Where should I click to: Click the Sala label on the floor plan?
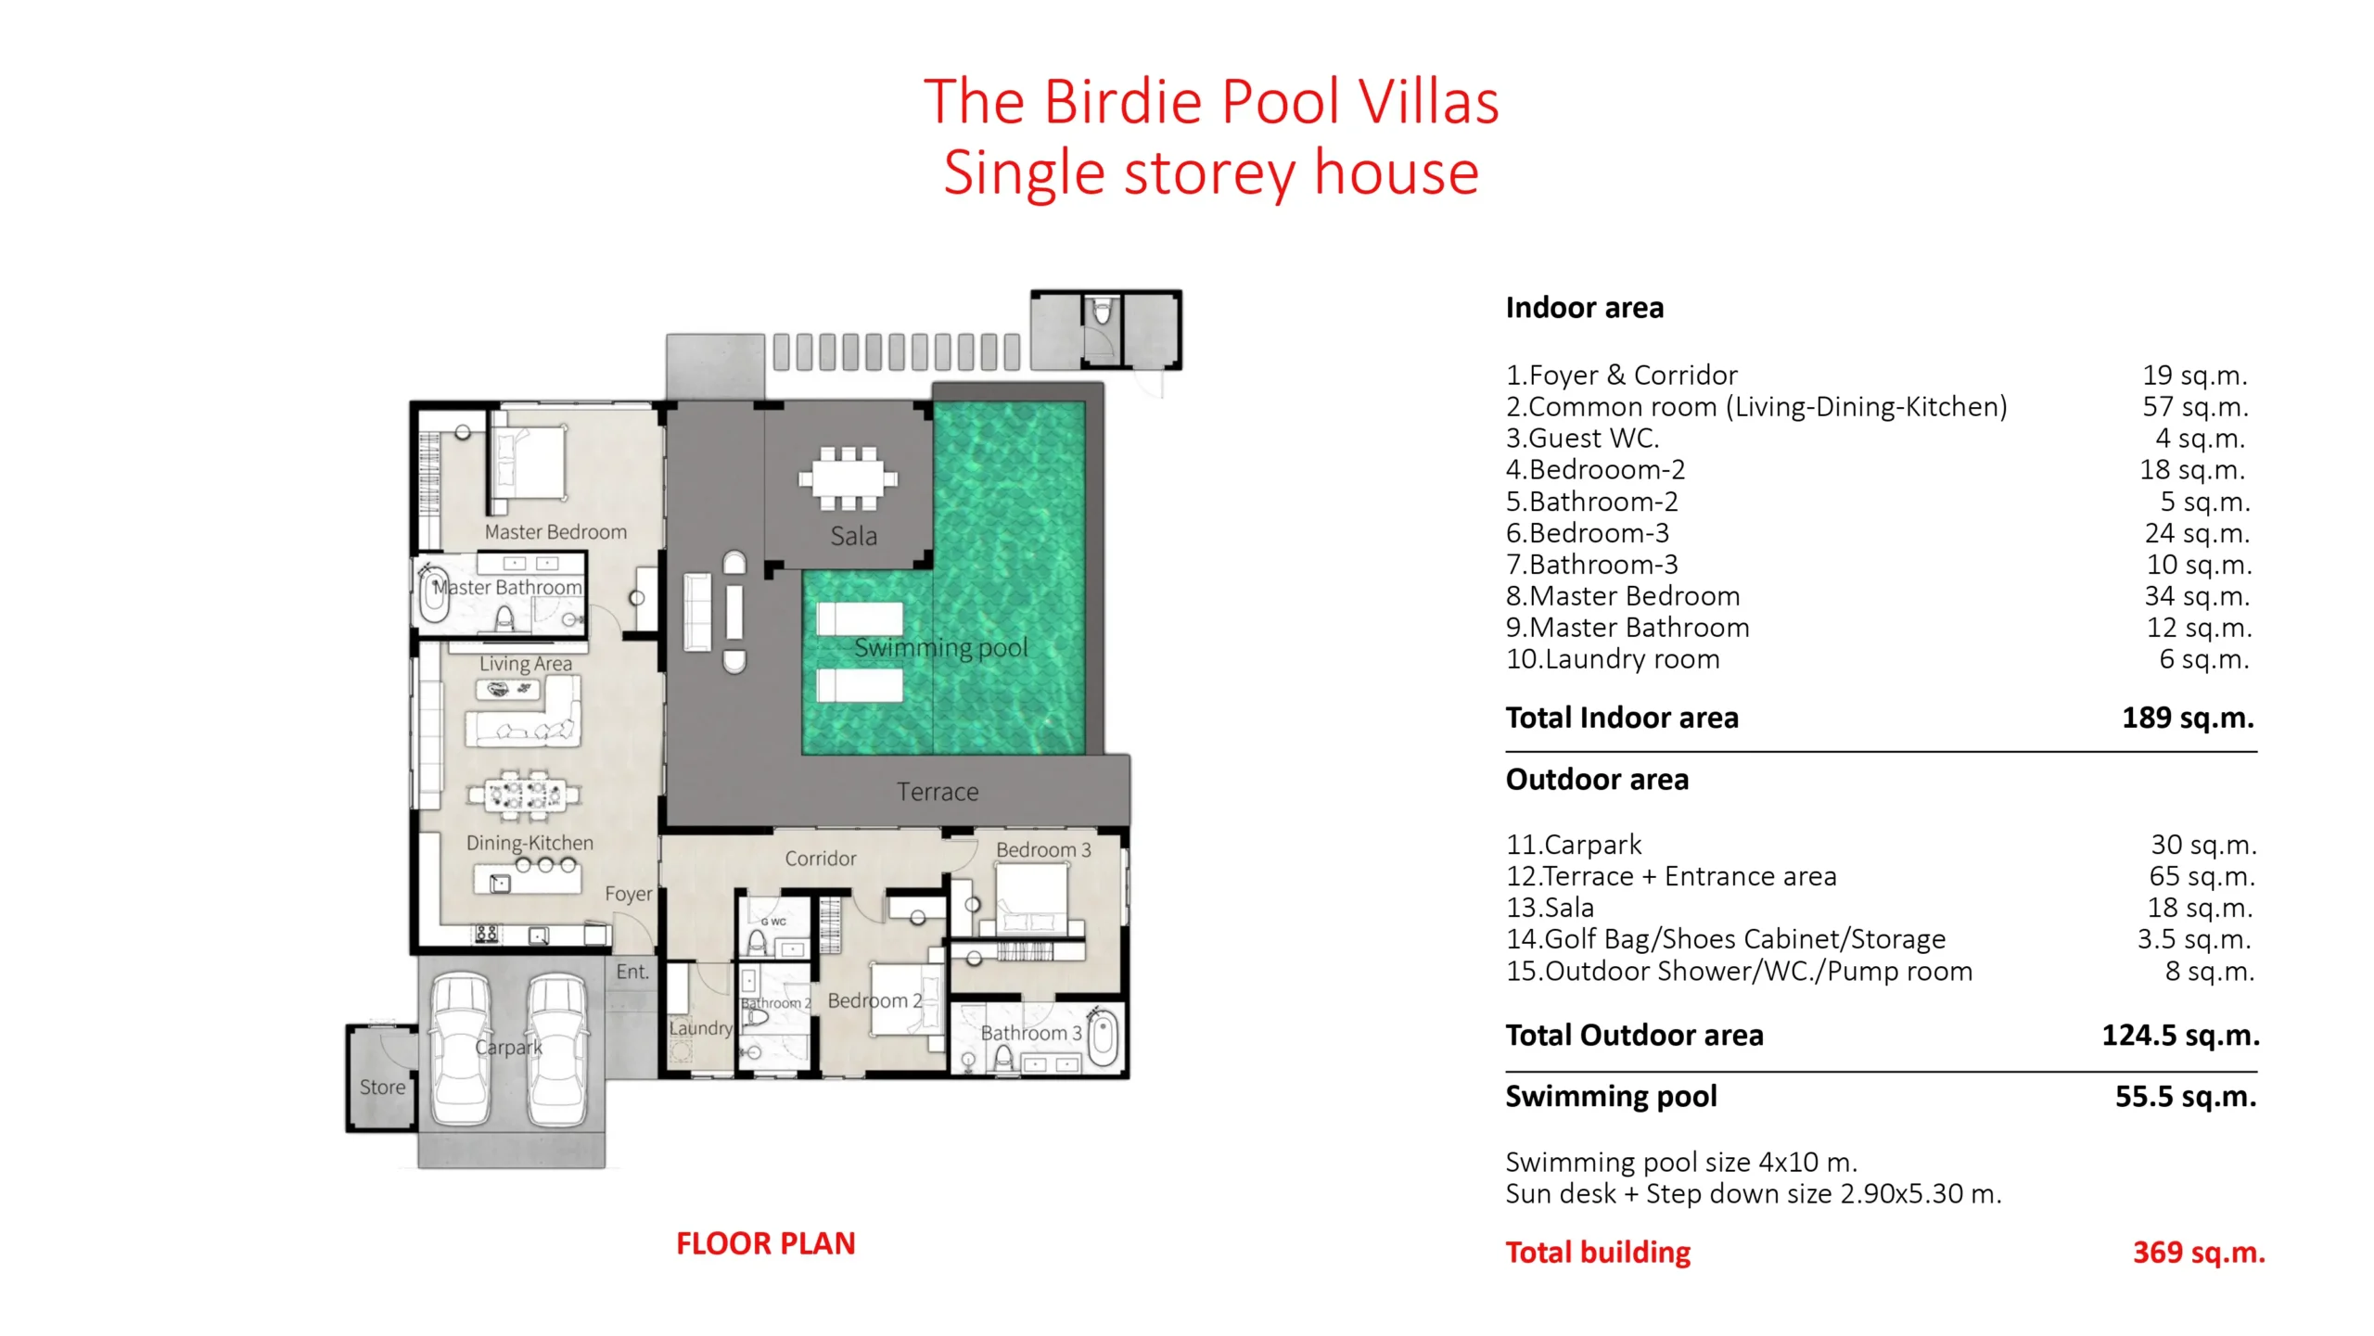pyautogui.click(x=853, y=536)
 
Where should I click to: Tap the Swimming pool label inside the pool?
pyautogui.click(x=940, y=648)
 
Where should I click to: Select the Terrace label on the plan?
pyautogui.click(x=938, y=792)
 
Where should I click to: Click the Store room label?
pyautogui.click(x=382, y=1087)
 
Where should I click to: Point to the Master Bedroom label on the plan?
pyautogui.click(x=555, y=532)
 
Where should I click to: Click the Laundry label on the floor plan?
pyautogui.click(x=701, y=1028)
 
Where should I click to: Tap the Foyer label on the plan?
pyautogui.click(x=629, y=894)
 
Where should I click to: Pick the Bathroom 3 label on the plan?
pyautogui.click(x=1031, y=1033)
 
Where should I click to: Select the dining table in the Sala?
pyautogui.click(x=848, y=479)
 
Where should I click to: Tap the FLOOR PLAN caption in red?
pyautogui.click(x=765, y=1243)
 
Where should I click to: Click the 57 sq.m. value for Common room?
pyautogui.click(x=2195, y=406)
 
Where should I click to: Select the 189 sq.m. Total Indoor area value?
pyautogui.click(x=2188, y=718)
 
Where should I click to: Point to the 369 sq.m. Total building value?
pyautogui.click(x=2199, y=1253)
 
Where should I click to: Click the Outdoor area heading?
pyautogui.click(x=1597, y=780)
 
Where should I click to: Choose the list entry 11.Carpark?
pyautogui.click(x=1574, y=845)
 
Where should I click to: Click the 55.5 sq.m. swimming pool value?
pyautogui.click(x=2186, y=1097)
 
